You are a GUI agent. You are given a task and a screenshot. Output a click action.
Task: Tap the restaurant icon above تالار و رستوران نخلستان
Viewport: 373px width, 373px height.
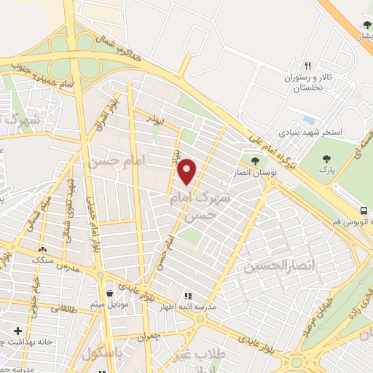[308, 65]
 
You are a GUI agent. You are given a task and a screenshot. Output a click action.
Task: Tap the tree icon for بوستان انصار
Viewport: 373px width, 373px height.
[254, 161]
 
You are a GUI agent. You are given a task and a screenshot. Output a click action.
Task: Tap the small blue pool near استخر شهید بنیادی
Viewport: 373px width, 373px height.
[309, 119]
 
